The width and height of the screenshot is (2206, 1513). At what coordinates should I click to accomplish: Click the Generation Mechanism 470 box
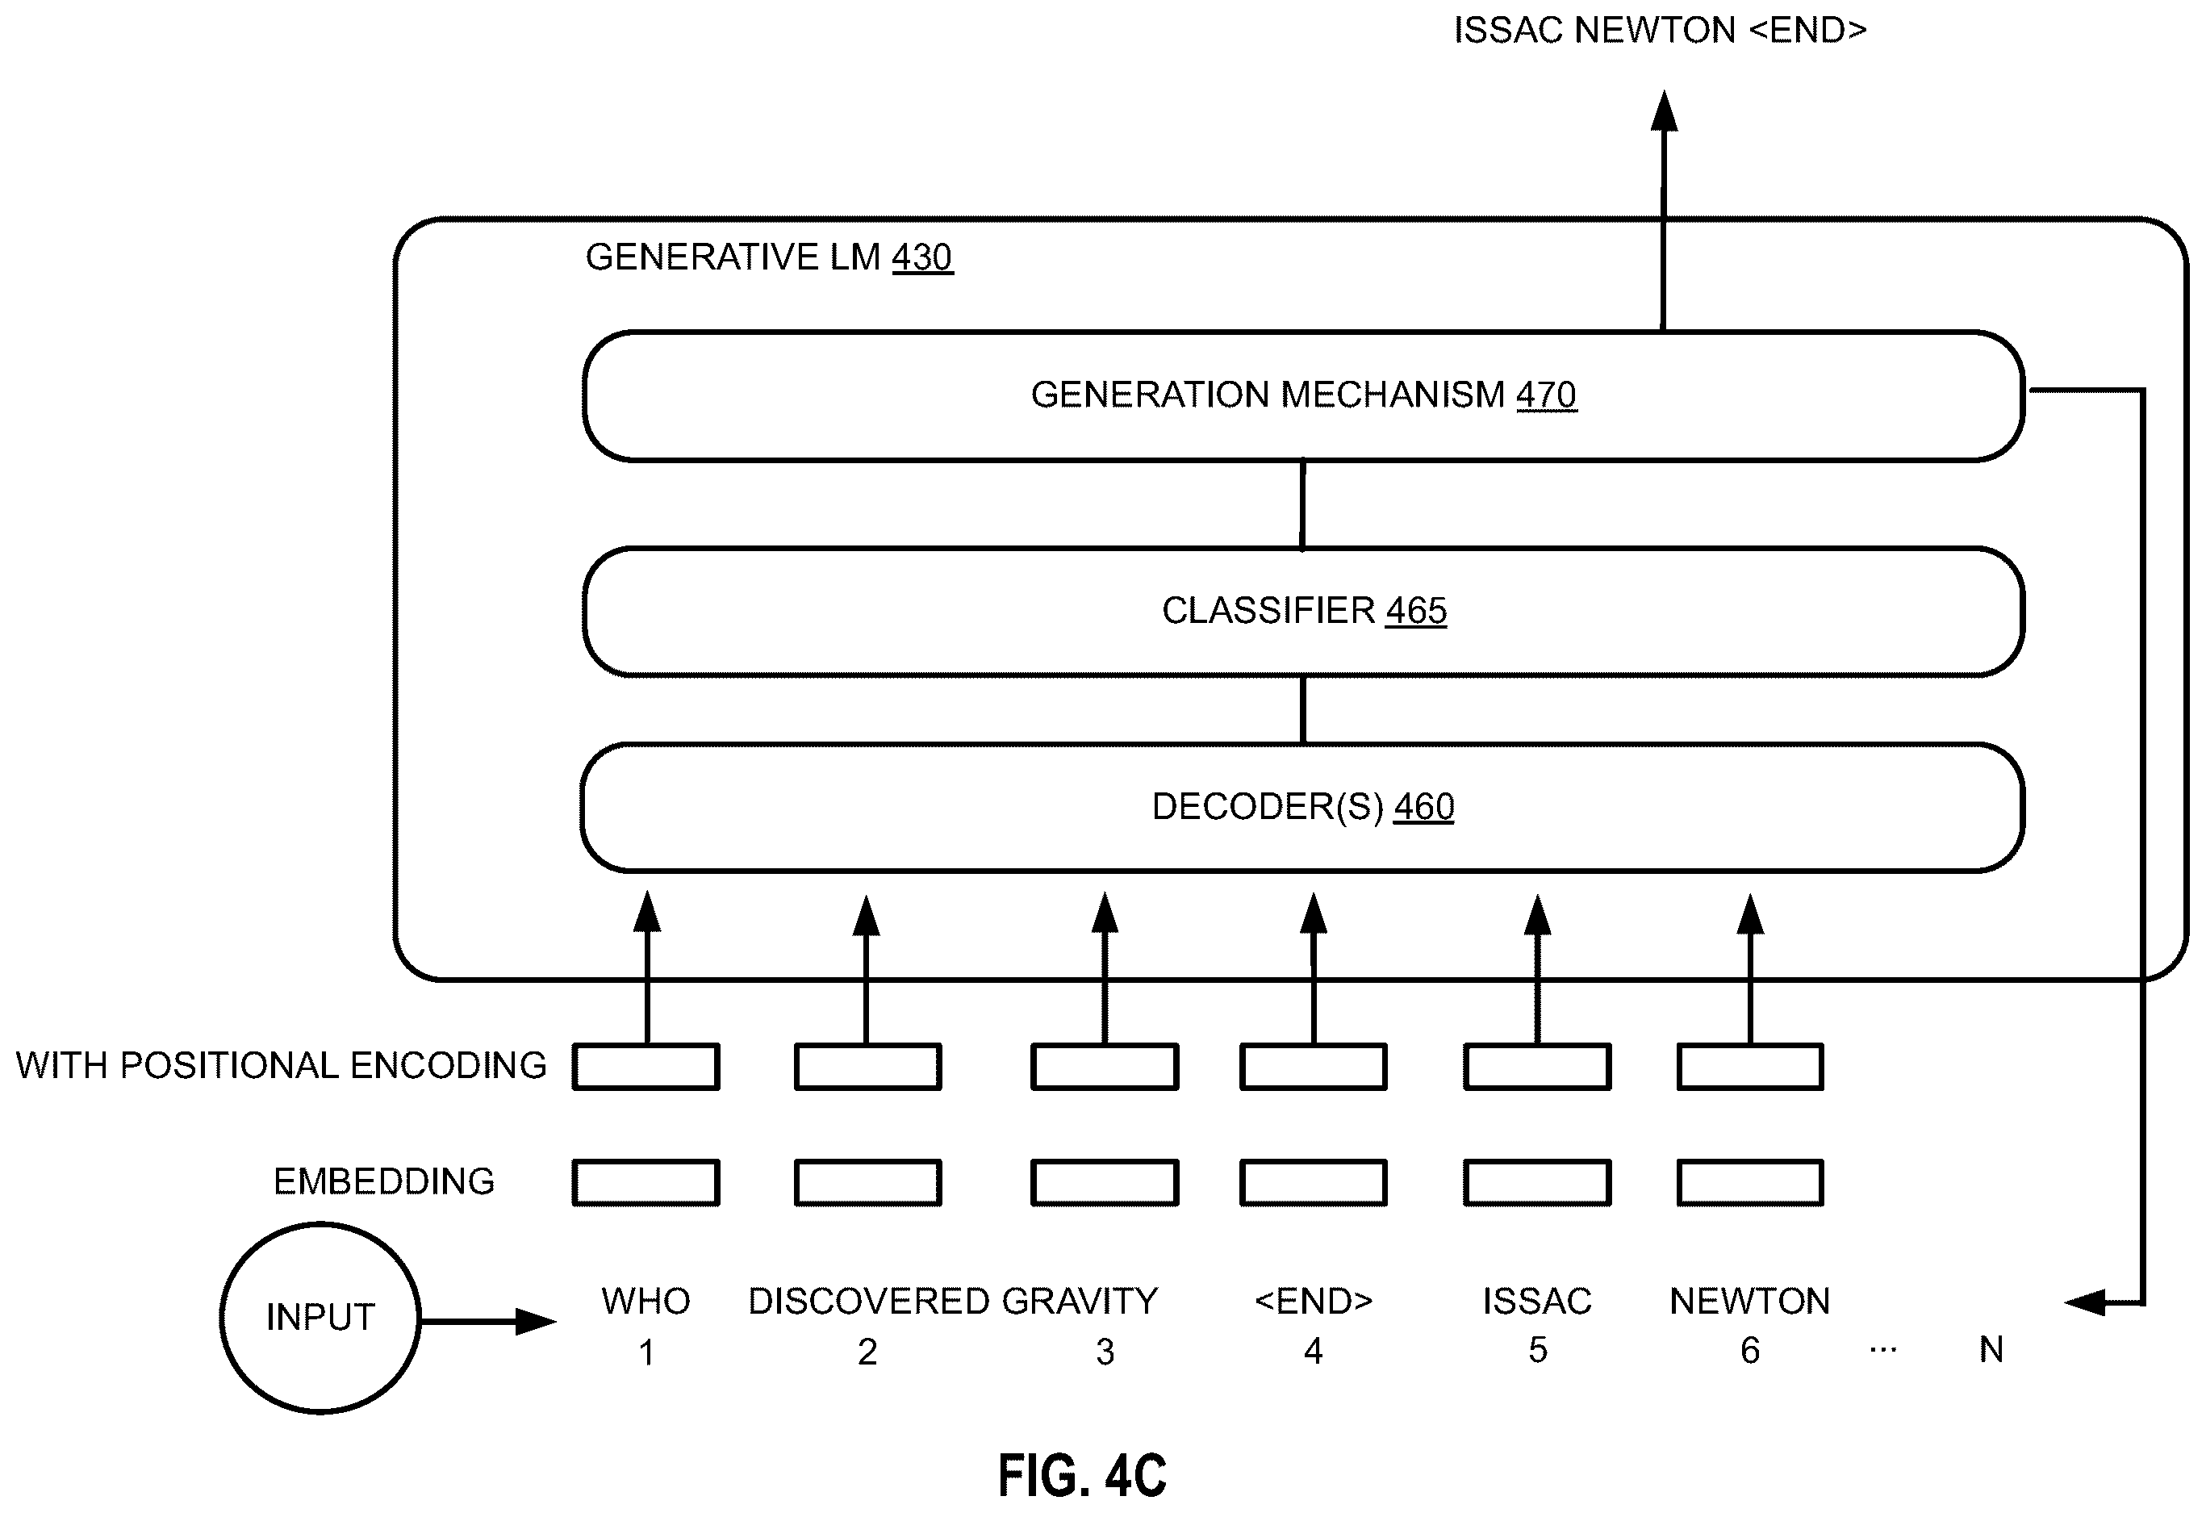pyautogui.click(x=1303, y=396)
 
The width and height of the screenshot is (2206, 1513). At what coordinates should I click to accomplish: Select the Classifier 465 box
pyautogui.click(x=1303, y=612)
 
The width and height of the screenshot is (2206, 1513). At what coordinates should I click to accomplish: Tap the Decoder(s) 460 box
pyautogui.click(x=1303, y=807)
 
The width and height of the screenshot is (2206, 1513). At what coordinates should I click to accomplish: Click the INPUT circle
pyautogui.click(x=320, y=1318)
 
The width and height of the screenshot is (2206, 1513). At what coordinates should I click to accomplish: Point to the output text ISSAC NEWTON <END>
pyautogui.click(x=1661, y=31)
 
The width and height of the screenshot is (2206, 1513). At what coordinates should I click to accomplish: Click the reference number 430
pyautogui.click(x=921, y=257)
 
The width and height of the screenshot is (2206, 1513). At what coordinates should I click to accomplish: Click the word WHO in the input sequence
pyautogui.click(x=646, y=1301)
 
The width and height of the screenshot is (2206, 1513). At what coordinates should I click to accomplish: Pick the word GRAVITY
pyautogui.click(x=1080, y=1301)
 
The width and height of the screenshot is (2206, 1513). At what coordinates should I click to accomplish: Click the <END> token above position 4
pyautogui.click(x=1314, y=1301)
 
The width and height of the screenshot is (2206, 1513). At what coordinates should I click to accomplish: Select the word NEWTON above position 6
pyautogui.click(x=1749, y=1301)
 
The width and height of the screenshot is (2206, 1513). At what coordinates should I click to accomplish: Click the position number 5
pyautogui.click(x=1538, y=1350)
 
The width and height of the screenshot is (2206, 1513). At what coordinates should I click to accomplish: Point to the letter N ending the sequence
pyautogui.click(x=1991, y=1349)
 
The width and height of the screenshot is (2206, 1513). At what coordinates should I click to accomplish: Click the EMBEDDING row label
pyautogui.click(x=383, y=1181)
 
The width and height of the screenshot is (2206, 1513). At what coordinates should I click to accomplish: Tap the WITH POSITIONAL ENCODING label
pyautogui.click(x=281, y=1065)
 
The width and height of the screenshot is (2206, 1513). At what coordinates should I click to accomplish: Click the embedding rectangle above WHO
pyautogui.click(x=646, y=1183)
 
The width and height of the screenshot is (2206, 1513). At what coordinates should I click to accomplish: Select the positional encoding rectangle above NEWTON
pyautogui.click(x=1749, y=1066)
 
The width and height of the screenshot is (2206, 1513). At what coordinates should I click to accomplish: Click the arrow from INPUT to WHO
pyautogui.click(x=488, y=1320)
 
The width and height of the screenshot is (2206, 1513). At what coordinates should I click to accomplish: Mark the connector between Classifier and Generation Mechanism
pyautogui.click(x=1302, y=504)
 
